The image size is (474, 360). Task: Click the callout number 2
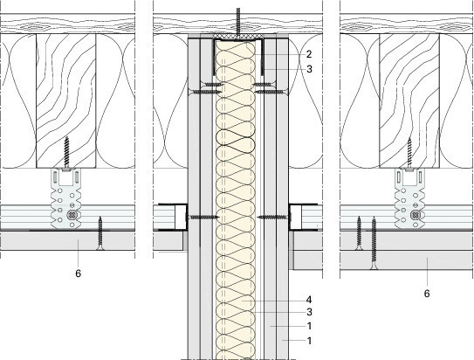(309, 54)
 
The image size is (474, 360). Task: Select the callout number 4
(309, 300)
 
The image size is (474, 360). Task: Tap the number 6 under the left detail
(79, 273)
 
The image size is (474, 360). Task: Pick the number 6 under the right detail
(427, 294)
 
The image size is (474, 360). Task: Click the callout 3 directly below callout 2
(309, 69)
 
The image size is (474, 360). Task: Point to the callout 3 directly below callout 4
(309, 312)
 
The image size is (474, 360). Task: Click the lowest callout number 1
(309, 341)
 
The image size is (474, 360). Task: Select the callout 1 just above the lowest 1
(309, 326)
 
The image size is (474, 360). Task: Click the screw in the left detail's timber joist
(67, 153)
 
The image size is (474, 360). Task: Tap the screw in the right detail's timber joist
(409, 153)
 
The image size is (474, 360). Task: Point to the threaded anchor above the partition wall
(238, 21)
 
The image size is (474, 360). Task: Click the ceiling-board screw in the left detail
(100, 233)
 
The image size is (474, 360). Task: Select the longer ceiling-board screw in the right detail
(374, 243)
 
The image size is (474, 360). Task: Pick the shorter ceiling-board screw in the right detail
(359, 233)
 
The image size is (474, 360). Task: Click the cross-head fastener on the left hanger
(72, 215)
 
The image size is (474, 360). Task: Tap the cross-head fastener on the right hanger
(414, 215)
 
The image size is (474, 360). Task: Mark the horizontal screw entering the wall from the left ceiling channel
(202, 217)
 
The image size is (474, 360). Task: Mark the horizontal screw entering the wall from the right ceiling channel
(274, 217)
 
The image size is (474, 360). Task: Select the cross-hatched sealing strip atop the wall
(238, 36)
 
